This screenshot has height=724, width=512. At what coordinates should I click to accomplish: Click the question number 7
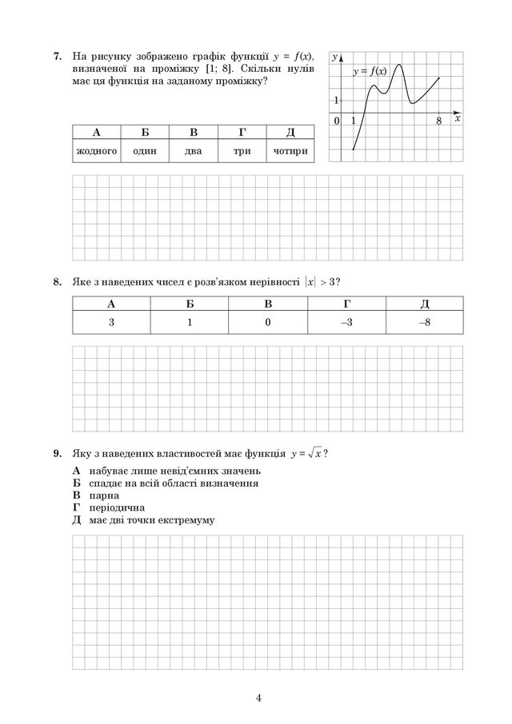pyautogui.click(x=57, y=57)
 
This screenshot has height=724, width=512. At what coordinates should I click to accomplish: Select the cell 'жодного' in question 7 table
pyautogui.click(x=96, y=150)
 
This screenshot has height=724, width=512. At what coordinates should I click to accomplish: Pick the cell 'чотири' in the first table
pyautogui.click(x=290, y=150)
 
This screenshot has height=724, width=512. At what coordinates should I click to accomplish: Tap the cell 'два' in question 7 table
pyautogui.click(x=193, y=150)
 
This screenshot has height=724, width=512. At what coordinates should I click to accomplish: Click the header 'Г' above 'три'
pyautogui.click(x=242, y=133)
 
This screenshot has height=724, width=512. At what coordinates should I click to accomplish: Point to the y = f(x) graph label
pyautogui.click(x=370, y=72)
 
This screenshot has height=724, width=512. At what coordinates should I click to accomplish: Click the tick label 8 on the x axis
pyautogui.click(x=439, y=121)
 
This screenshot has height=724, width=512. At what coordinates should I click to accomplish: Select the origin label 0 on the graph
pyautogui.click(x=337, y=121)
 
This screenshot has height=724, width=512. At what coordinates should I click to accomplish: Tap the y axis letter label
pyautogui.click(x=336, y=54)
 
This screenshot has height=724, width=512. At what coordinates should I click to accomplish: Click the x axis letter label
pyautogui.click(x=458, y=118)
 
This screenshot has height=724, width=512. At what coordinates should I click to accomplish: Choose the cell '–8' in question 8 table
pyautogui.click(x=424, y=322)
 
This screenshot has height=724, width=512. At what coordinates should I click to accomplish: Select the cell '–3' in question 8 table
pyautogui.click(x=346, y=322)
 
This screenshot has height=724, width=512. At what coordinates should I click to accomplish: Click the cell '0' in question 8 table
pyautogui.click(x=268, y=322)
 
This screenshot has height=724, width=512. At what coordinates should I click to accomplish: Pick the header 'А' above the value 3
pyautogui.click(x=110, y=304)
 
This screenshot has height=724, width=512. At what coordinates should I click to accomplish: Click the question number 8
pyautogui.click(x=57, y=281)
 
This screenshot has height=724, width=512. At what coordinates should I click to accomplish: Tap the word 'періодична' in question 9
pyautogui.click(x=112, y=507)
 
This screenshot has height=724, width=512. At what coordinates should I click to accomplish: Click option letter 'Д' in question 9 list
pyautogui.click(x=77, y=519)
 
